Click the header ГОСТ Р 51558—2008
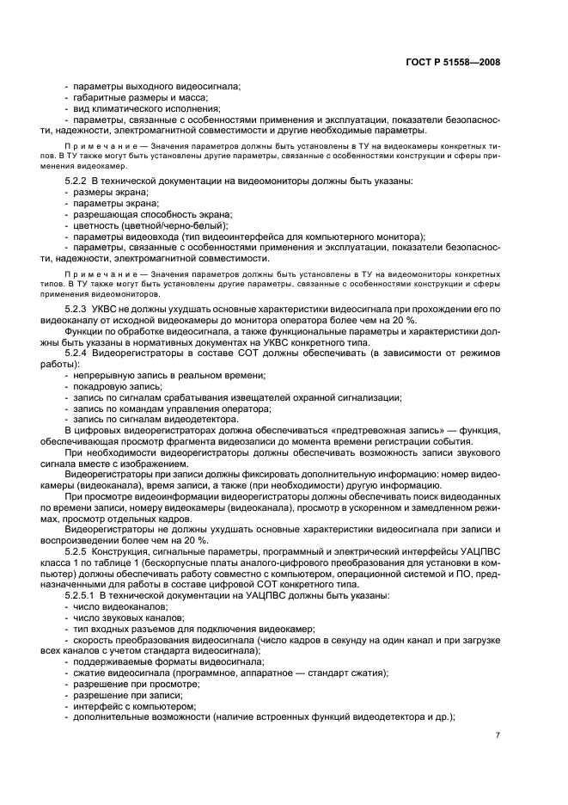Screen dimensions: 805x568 tap(459, 62)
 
